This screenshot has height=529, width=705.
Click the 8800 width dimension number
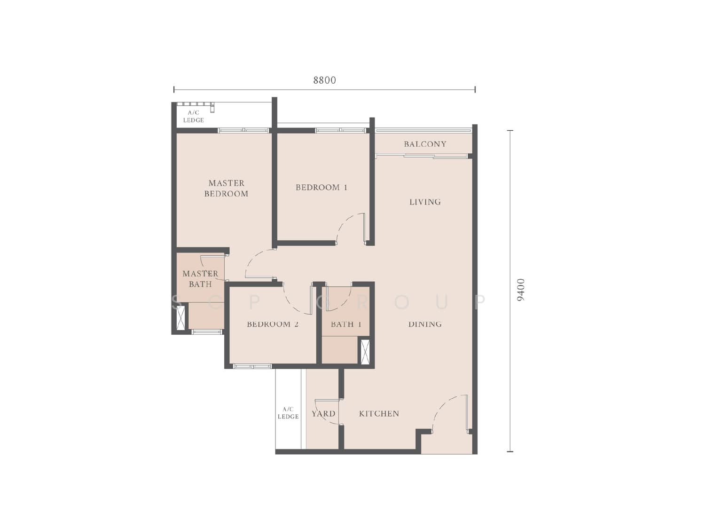click(x=324, y=80)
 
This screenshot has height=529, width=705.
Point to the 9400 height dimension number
click(x=521, y=289)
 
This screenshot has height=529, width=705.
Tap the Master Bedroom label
click(x=226, y=188)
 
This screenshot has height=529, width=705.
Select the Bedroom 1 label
click(x=321, y=187)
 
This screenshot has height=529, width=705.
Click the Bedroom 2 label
click(x=273, y=324)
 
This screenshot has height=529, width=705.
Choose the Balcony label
click(x=425, y=144)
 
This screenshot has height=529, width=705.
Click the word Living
click(x=425, y=202)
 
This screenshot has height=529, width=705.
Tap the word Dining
click(x=425, y=324)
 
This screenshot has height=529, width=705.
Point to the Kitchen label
click(x=379, y=414)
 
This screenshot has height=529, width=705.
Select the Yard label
click(x=323, y=414)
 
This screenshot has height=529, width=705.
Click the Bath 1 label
click(x=346, y=324)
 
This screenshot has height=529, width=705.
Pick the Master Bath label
click(x=200, y=279)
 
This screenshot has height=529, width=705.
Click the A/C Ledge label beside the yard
click(x=288, y=413)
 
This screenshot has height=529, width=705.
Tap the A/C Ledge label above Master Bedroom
click(x=193, y=117)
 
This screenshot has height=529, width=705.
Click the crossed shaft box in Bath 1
click(x=365, y=352)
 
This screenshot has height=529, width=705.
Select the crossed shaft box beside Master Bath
click(x=181, y=318)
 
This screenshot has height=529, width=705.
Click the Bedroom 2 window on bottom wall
click(x=252, y=366)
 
